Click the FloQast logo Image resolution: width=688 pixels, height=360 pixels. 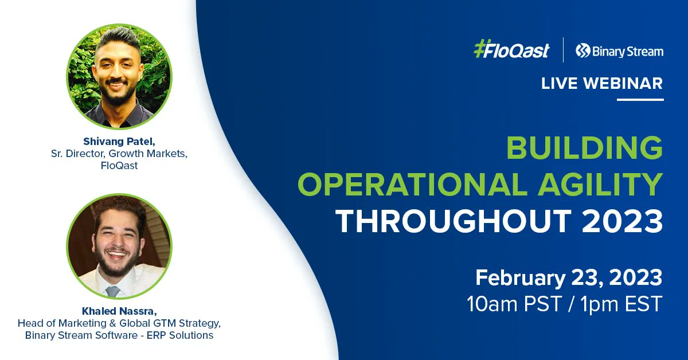511,49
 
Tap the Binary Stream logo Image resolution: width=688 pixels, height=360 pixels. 620,51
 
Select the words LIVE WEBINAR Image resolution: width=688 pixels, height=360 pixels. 602,83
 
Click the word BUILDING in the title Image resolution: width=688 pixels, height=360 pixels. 584,148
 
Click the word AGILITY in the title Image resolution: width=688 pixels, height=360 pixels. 600,184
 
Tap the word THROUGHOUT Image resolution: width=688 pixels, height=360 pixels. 454,221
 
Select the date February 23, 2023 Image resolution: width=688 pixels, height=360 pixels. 569,277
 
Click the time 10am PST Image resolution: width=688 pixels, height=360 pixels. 514,304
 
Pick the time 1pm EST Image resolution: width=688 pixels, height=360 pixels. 621,304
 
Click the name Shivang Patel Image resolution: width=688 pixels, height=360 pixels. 119,141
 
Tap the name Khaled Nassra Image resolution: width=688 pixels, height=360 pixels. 119,311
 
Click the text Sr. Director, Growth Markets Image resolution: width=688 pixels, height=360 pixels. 119,153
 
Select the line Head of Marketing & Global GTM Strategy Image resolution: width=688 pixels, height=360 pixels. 119,323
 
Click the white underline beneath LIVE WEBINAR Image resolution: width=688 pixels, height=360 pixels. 640,100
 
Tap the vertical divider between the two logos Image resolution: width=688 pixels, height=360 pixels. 563,50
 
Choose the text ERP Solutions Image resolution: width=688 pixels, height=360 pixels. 179,335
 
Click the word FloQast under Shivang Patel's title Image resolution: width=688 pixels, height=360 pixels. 119,166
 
